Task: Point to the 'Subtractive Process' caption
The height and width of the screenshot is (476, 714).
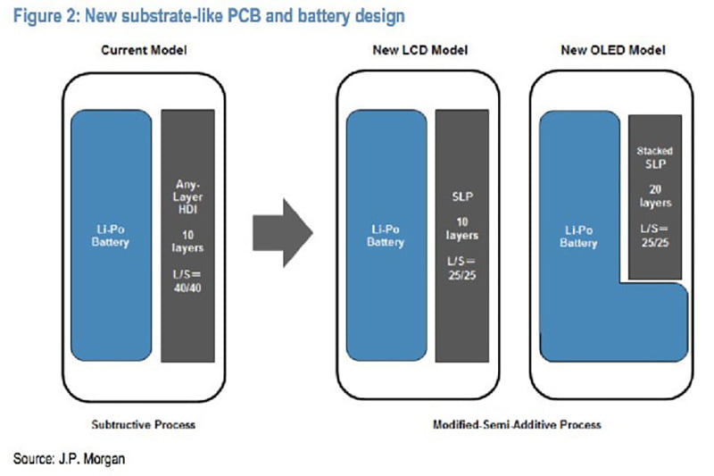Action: (143, 424)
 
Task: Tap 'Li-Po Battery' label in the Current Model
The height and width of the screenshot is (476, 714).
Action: (112, 236)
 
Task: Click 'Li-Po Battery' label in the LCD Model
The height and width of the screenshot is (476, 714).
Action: (386, 236)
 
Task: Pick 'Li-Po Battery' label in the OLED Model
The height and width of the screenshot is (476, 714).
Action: (578, 237)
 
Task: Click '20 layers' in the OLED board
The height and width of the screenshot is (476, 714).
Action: (656, 196)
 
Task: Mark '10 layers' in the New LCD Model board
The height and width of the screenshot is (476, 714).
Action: (461, 228)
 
